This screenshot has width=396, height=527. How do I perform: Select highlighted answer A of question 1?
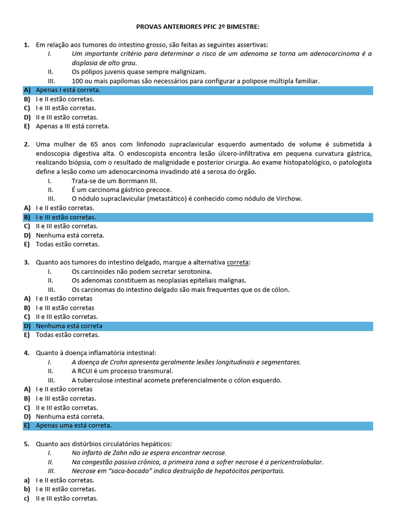pos(68,90)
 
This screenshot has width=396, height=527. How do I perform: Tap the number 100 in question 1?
pos(78,81)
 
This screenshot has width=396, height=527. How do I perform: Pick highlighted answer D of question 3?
pos(69,326)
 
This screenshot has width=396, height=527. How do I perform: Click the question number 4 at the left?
pos(26,353)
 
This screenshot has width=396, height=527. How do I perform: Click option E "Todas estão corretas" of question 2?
pos(67,244)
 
